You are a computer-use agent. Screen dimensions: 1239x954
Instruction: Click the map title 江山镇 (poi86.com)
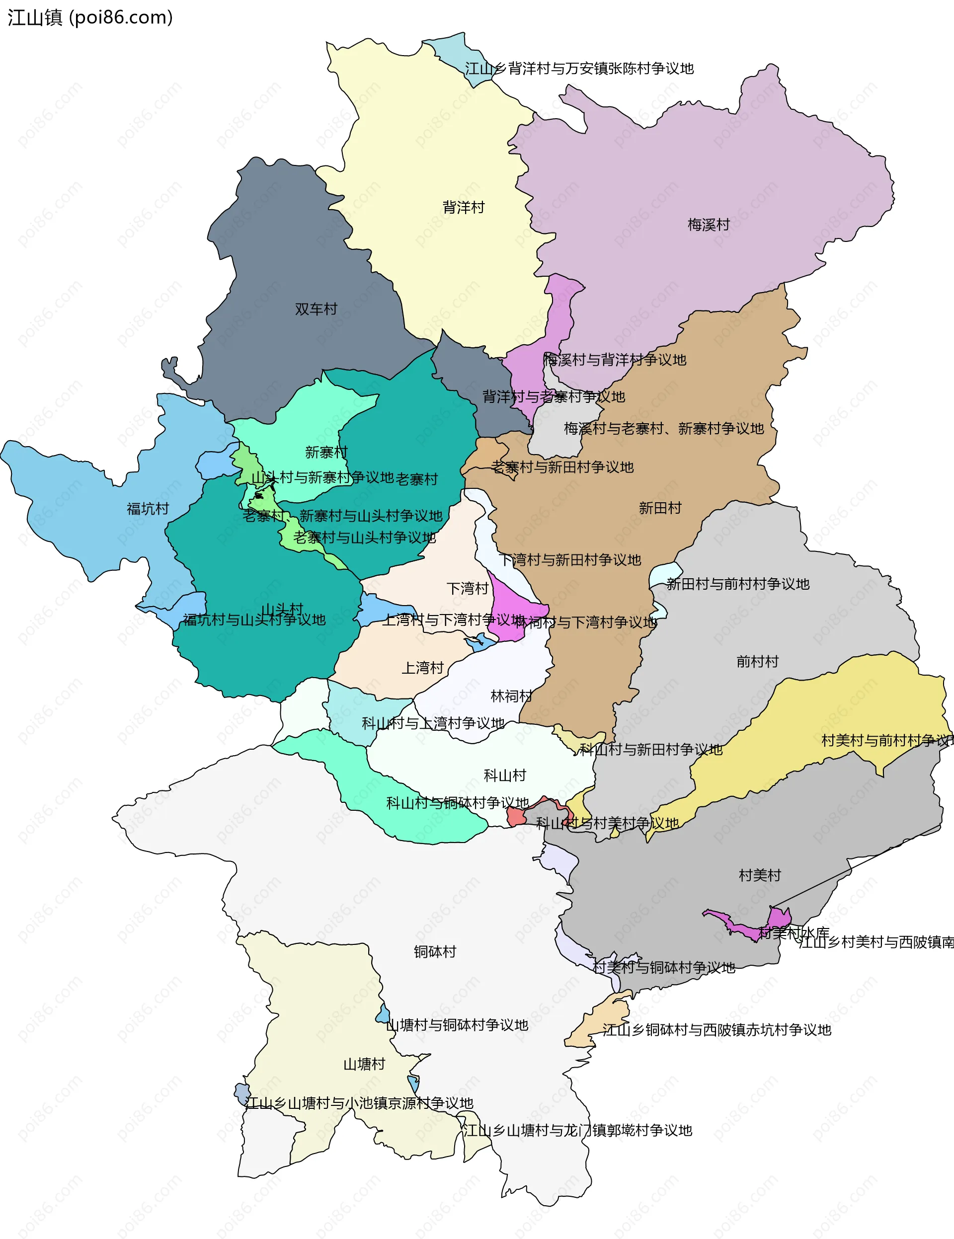pyautogui.click(x=89, y=17)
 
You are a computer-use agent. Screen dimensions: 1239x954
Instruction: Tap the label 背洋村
pyautogui.click(x=463, y=207)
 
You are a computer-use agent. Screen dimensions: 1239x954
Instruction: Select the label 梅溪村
pyautogui.click(x=708, y=225)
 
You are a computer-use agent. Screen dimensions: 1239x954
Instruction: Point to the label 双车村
pyautogui.click(x=316, y=309)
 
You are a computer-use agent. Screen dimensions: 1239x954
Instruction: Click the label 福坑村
pyautogui.click(x=148, y=508)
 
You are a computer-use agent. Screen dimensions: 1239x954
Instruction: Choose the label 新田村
pyautogui.click(x=659, y=508)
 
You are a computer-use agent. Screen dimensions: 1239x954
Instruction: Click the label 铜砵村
pyautogui.click(x=435, y=951)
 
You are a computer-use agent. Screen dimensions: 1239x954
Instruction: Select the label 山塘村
pyautogui.click(x=364, y=1064)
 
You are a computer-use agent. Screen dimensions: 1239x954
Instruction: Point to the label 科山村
pyautogui.click(x=504, y=775)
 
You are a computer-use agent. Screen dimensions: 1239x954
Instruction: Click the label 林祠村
pyautogui.click(x=511, y=696)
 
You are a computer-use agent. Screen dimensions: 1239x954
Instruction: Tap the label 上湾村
pyautogui.click(x=422, y=668)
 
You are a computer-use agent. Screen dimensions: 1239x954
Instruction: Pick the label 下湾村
pyautogui.click(x=467, y=588)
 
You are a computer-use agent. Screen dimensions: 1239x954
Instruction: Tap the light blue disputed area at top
pyautogui.click(x=454, y=51)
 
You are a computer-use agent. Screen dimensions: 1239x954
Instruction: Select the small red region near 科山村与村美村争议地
pyautogui.click(x=515, y=817)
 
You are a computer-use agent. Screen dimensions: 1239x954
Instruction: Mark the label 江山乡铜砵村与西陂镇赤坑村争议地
pyautogui.click(x=716, y=1030)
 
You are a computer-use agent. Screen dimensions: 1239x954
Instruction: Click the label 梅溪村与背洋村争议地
pyautogui.click(x=615, y=360)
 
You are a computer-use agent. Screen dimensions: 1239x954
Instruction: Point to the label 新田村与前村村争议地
pyautogui.click(x=737, y=584)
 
